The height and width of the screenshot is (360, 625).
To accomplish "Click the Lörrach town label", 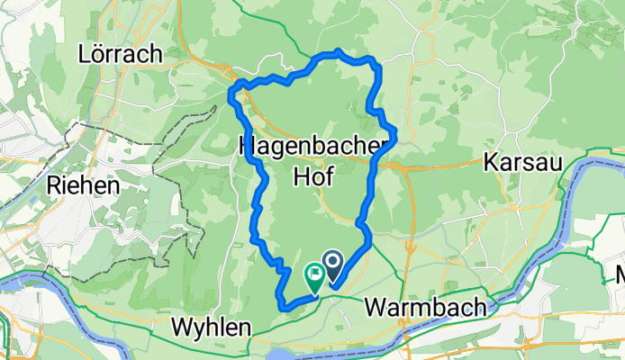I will [120, 54].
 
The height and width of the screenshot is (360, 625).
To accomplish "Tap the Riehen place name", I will [82, 186].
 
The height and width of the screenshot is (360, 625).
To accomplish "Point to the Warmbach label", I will [426, 308].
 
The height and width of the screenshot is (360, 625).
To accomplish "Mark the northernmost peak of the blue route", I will [337, 51].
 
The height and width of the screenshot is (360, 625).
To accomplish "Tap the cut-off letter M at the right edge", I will [619, 276].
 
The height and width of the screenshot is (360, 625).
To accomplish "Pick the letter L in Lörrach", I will [85, 54].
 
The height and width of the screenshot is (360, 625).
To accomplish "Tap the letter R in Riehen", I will [52, 186].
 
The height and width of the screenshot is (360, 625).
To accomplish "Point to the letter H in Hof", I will [301, 176].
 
